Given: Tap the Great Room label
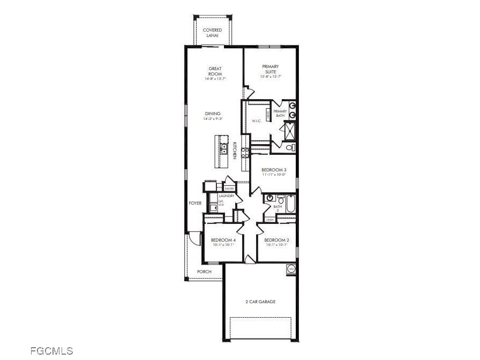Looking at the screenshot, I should click(215, 71).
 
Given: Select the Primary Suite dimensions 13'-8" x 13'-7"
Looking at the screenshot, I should click(271, 77).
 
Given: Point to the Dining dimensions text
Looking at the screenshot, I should click(213, 119).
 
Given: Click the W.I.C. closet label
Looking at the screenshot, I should click(257, 121).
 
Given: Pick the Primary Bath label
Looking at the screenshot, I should click(280, 113).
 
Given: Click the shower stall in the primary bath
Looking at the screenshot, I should click(289, 131).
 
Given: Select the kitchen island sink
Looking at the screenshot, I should click(224, 148).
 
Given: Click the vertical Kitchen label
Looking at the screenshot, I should click(235, 150).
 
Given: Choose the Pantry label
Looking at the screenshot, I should click(230, 189).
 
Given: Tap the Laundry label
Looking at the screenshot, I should click(227, 197).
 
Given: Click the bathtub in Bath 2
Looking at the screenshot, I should click(290, 204).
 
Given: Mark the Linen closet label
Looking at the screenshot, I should click(270, 220).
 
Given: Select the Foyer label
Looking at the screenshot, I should click(195, 204).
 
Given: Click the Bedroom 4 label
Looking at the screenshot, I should click(223, 239).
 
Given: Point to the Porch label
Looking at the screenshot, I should click(204, 272).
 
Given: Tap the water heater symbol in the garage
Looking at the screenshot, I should click(291, 268).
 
